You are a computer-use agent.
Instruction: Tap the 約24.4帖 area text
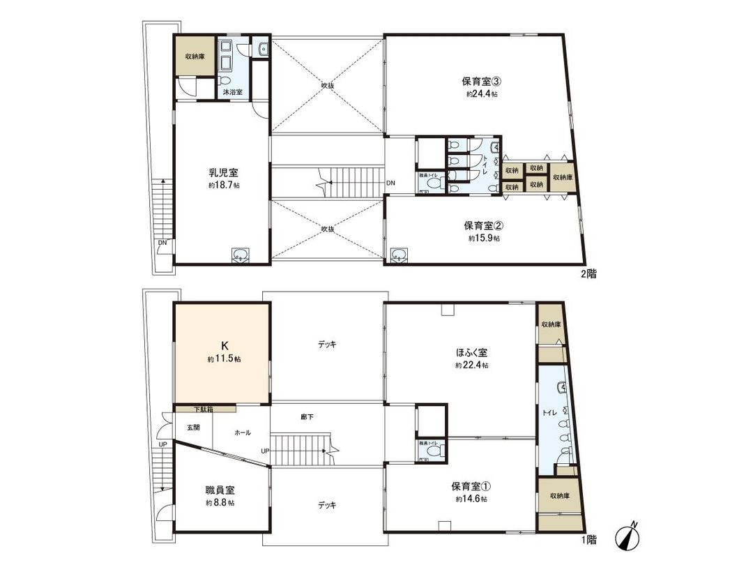click(x=482, y=93)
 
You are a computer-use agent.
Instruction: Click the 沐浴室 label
click(x=232, y=92)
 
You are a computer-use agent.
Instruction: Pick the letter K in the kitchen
click(x=224, y=345)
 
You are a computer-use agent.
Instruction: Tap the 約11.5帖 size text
click(x=224, y=359)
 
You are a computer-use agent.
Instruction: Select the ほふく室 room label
click(x=471, y=352)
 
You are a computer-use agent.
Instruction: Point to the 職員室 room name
click(x=220, y=490)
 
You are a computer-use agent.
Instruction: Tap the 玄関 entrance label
click(x=193, y=428)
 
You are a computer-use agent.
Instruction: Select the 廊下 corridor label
click(x=307, y=417)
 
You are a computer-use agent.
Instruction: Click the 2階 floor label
click(x=588, y=274)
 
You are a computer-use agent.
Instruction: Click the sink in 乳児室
click(x=240, y=255)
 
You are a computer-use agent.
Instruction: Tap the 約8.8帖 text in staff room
click(x=220, y=502)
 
